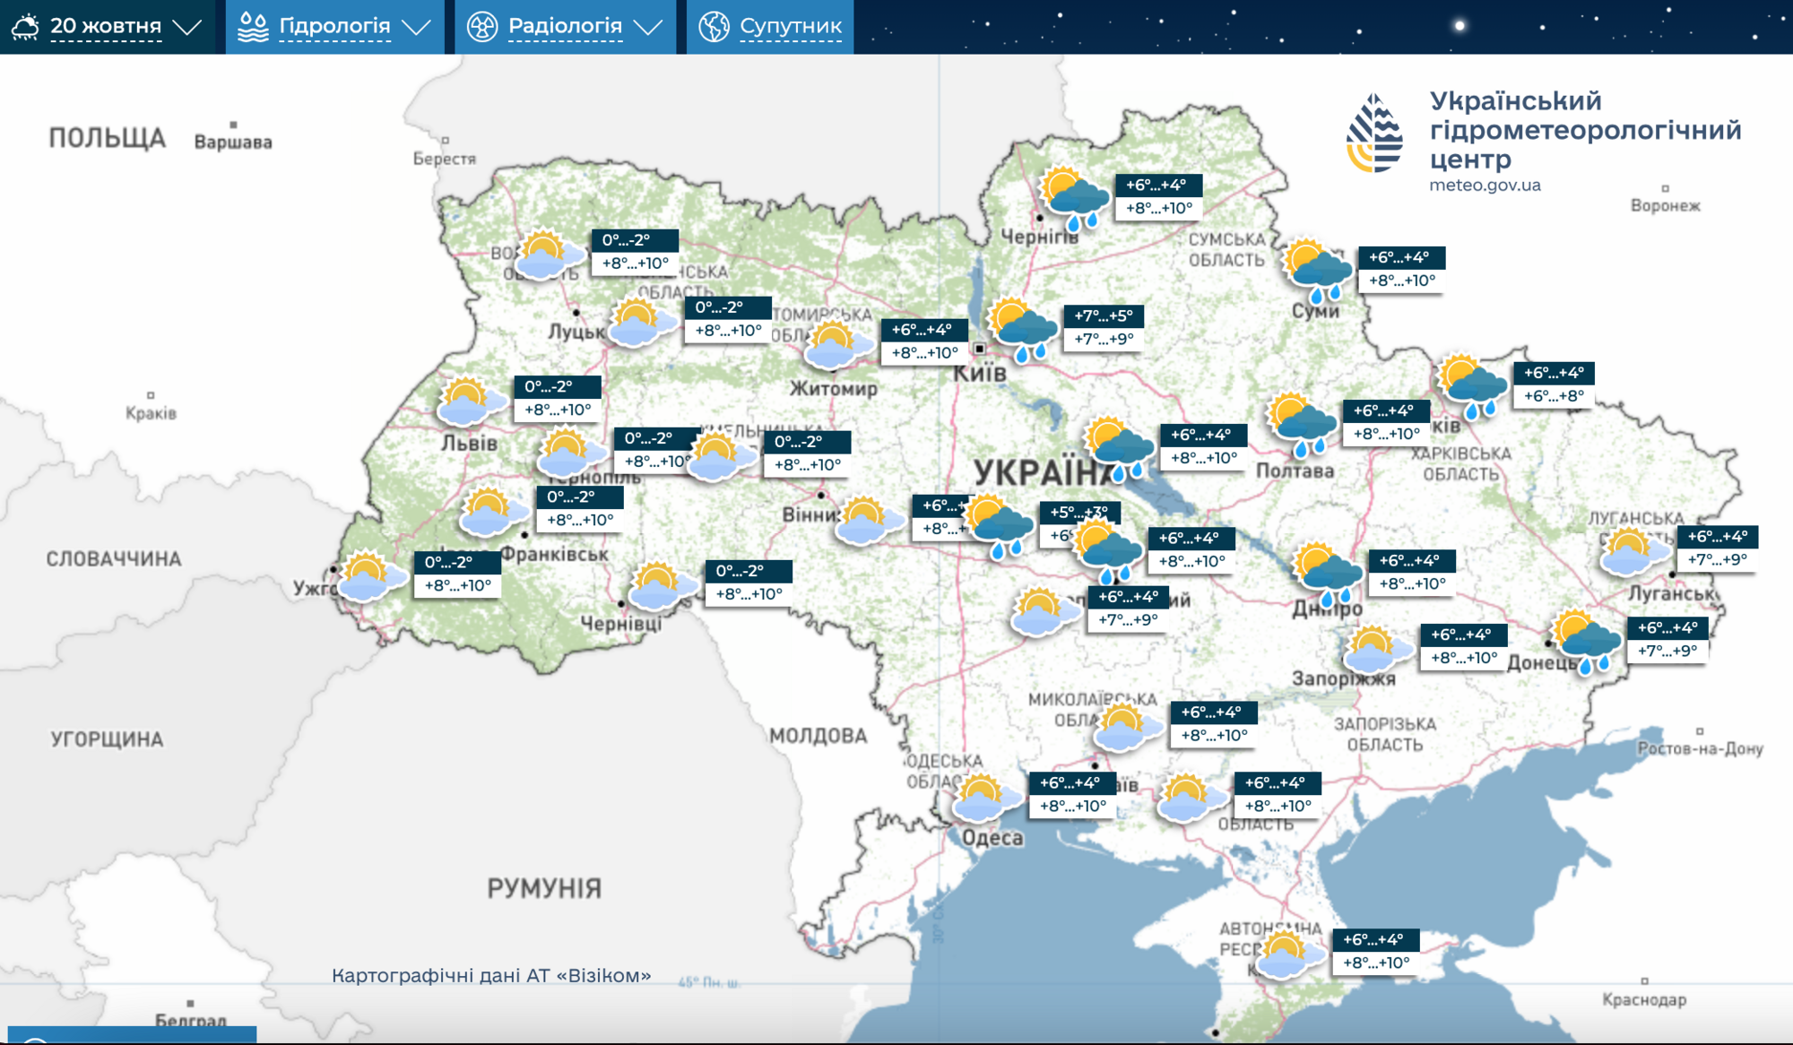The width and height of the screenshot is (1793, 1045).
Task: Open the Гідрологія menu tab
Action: tap(334, 26)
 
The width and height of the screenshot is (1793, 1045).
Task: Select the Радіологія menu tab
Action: tap(565, 26)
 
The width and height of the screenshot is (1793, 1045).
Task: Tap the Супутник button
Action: tap(771, 26)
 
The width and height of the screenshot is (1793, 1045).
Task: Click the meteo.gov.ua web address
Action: tap(1485, 186)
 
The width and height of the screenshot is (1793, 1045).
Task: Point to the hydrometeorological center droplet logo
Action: tap(1374, 134)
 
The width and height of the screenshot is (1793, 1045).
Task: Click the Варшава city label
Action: tap(233, 142)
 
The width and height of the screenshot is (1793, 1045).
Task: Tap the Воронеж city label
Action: tap(1665, 205)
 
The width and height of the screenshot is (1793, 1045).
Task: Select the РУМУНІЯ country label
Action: tap(544, 888)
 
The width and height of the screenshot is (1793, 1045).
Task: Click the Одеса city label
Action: tap(992, 838)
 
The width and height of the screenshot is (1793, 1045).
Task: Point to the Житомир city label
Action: tap(833, 389)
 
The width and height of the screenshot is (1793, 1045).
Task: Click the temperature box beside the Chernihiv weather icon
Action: tap(1158, 197)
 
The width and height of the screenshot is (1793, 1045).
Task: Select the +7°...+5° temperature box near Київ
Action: tap(1103, 327)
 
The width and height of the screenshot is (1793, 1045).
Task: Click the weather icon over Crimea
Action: tap(1287, 955)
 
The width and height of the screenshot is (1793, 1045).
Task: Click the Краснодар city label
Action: tap(1643, 999)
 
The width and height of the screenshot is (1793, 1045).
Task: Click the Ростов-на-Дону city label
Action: tap(1700, 748)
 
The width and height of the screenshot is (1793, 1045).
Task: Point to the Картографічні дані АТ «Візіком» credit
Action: tap(491, 975)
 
